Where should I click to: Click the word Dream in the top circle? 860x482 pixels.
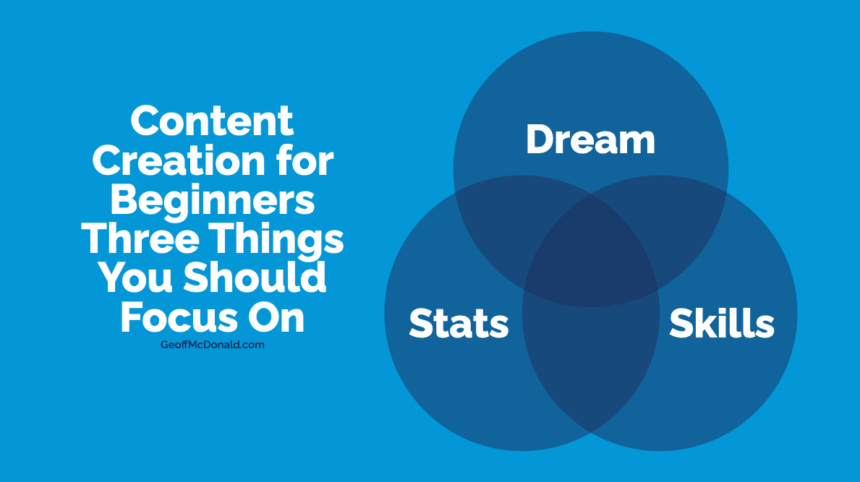pos(591,139)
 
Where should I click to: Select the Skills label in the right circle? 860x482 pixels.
pos(722,322)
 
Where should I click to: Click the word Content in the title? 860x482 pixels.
pos(212,121)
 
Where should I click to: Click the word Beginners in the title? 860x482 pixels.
pos(212,201)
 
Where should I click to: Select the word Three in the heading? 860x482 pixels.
pos(140,238)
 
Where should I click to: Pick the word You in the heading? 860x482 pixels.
pos(135,278)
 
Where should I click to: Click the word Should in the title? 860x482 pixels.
pos(255,277)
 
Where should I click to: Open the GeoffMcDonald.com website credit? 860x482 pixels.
pos(212,345)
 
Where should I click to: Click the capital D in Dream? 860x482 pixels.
pos(540,139)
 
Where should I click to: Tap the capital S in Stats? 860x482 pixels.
pos(422,322)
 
